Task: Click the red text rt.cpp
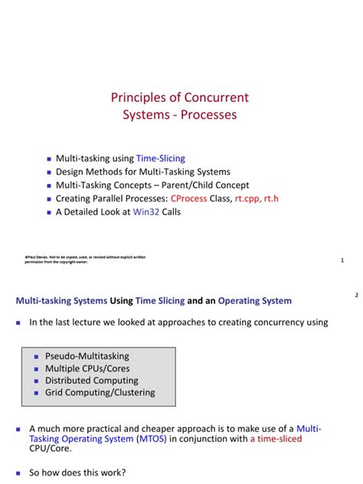[251, 198]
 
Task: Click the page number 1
[342, 260]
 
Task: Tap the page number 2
[356, 295]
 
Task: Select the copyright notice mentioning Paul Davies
[85, 259]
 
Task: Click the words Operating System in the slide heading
[255, 301]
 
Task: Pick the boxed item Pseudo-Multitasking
[87, 356]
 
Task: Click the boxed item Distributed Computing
[92, 381]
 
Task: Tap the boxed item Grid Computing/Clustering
[100, 393]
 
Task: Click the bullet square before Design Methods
[49, 172]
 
